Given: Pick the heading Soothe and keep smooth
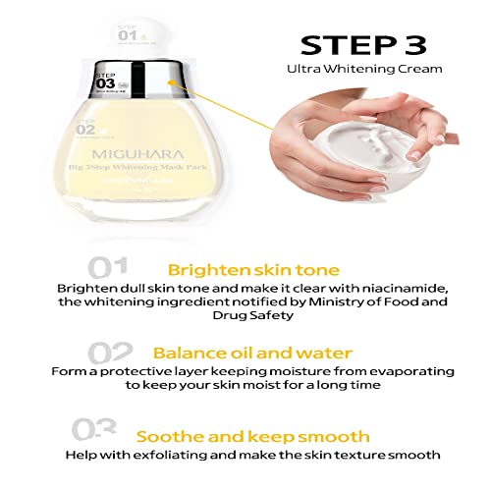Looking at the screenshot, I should click(253, 435).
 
